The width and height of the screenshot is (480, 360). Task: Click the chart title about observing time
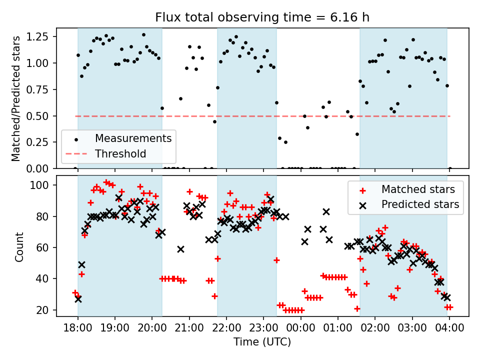pyautogui.click(x=262, y=17)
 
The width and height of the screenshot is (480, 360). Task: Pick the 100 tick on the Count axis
pyautogui.click(x=44, y=185)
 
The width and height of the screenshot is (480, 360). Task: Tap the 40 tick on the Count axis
pyautogui.click(x=46, y=279)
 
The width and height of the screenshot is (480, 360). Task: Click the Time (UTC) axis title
pyautogui.click(x=262, y=342)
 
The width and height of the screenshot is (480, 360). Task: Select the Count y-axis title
pyautogui.click(x=19, y=246)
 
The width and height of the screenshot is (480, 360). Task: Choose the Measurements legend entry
pyautogui.click(x=133, y=138)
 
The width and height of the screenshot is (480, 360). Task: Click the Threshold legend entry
pyautogui.click(x=120, y=154)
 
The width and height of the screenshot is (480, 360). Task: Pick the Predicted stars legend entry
pyautogui.click(x=420, y=204)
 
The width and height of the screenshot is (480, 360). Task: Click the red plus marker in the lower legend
pyautogui.click(x=363, y=190)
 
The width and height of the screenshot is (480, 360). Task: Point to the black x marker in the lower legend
pyautogui.click(x=363, y=204)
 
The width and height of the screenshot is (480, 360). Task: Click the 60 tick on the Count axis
pyautogui.click(x=46, y=248)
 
